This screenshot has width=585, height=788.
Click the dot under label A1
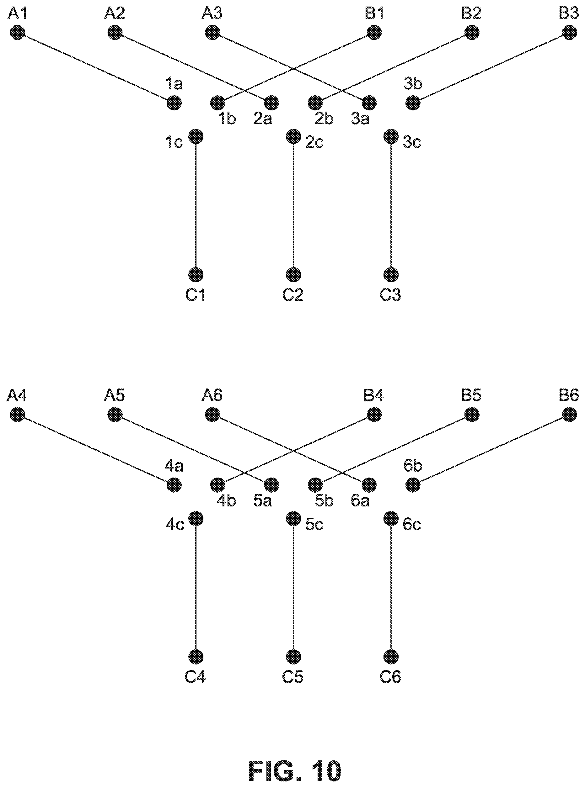click(17, 33)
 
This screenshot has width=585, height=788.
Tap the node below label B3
click(570, 33)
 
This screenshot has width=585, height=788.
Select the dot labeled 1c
click(196, 136)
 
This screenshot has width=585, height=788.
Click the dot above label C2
click(293, 274)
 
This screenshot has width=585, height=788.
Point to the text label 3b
click(413, 84)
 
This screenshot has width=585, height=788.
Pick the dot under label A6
click(213, 414)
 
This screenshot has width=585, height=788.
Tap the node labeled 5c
click(293, 519)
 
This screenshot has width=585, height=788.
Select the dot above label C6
click(391, 657)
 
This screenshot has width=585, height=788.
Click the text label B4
click(373, 395)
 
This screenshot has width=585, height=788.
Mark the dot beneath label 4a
click(174, 485)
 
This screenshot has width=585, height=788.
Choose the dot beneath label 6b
click(413, 485)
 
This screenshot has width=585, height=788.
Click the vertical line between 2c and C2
click(293, 205)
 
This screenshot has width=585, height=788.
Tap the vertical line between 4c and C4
click(196, 588)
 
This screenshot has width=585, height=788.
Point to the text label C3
click(390, 295)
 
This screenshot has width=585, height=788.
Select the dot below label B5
click(472, 414)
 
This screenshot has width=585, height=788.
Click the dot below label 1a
click(174, 103)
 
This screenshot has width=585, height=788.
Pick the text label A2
click(114, 13)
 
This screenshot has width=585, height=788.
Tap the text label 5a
click(262, 501)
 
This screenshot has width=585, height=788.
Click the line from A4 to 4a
click(96, 449)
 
